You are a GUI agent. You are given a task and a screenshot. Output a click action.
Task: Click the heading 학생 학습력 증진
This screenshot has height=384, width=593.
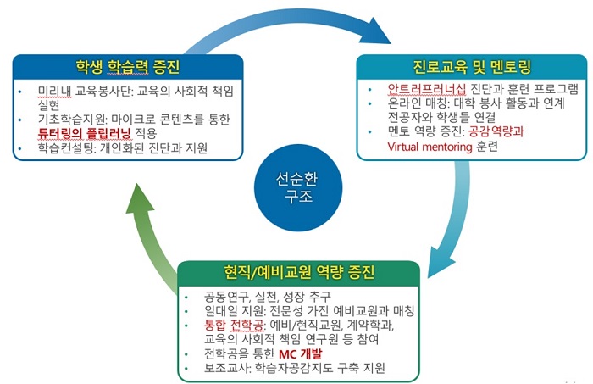[128, 68]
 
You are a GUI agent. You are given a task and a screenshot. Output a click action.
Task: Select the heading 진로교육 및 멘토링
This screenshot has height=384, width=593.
[471, 68]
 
